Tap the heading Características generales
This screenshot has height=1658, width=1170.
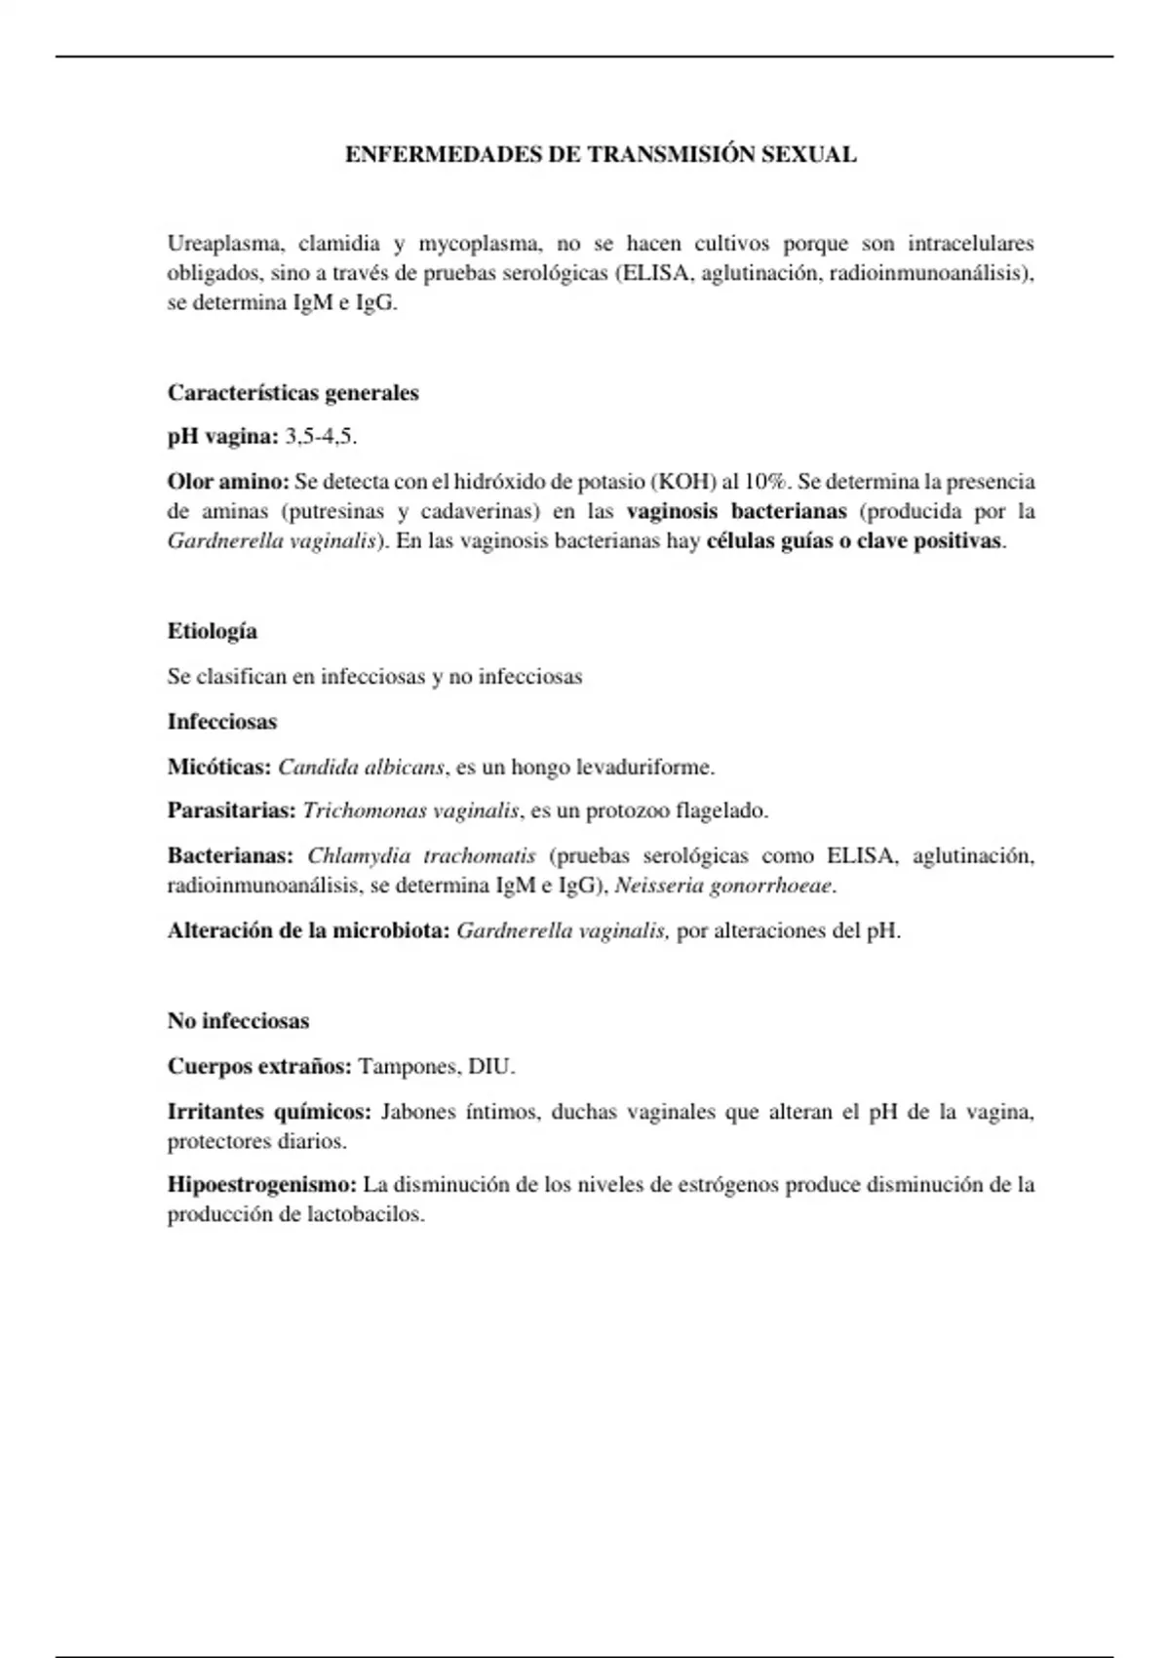tap(292, 393)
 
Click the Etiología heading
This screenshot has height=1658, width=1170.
tap(213, 631)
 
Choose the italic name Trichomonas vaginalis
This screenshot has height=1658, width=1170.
tap(410, 810)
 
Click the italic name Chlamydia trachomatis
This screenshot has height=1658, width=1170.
tap(421, 855)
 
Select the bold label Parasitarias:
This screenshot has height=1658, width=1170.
tap(231, 810)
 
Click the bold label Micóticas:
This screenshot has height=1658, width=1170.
tap(219, 767)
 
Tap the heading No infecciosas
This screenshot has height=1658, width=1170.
tap(238, 1021)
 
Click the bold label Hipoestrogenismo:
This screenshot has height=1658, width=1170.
tap(262, 1185)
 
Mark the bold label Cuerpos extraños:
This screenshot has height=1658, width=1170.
tap(259, 1066)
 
